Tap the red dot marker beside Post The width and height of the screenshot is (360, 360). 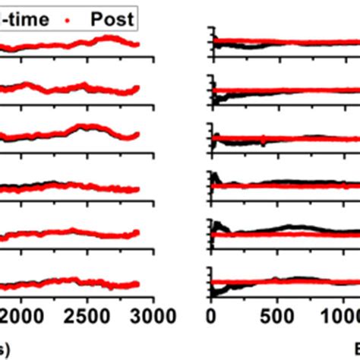77,17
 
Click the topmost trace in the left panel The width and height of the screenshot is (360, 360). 76,45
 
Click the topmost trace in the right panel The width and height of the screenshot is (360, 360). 289,43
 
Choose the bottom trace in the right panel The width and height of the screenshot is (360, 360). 289,282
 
